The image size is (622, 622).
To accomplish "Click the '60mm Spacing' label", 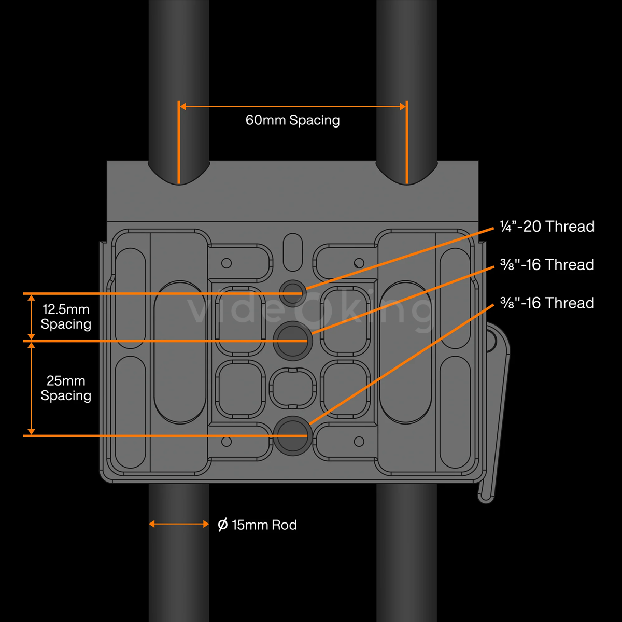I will (x=292, y=120).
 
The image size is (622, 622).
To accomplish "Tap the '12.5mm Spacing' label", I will (x=66, y=317).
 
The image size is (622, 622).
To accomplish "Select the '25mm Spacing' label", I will (x=66, y=388).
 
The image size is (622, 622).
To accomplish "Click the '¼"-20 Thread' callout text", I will (x=547, y=227).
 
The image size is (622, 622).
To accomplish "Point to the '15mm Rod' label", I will (x=264, y=525).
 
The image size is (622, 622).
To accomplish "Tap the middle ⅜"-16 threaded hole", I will (x=292, y=340).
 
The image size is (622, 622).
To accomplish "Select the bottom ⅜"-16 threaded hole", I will (x=292, y=435).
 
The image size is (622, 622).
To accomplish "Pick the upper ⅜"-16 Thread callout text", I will (x=547, y=265).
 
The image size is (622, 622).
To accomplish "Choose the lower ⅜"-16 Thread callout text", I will (x=547, y=303).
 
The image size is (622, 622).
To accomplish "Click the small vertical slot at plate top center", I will (x=293, y=251).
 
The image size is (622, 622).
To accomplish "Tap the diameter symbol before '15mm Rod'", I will (x=223, y=525).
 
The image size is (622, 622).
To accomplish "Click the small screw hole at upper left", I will (x=227, y=263).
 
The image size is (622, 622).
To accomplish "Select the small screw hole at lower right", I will (x=359, y=442).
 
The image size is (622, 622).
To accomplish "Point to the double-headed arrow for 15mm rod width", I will (x=179, y=524).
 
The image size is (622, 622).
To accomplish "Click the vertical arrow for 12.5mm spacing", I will (x=31, y=317).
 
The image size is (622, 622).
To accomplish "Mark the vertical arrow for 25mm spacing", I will (x=31, y=388).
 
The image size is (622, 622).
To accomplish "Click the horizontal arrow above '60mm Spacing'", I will (x=292, y=107).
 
